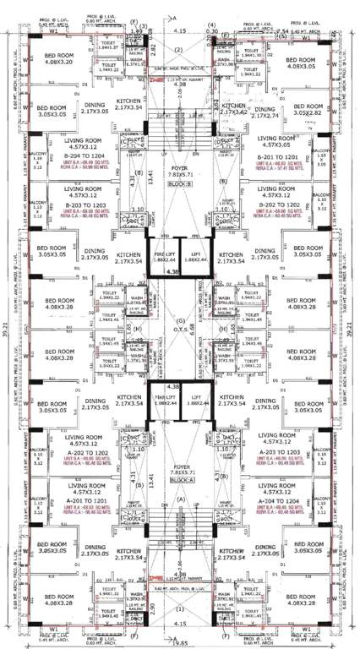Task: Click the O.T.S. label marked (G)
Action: tap(178, 326)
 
